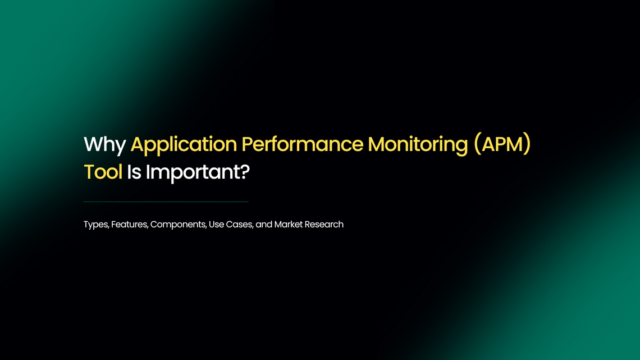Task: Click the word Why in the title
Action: [x=104, y=145]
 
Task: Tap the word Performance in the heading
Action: [x=302, y=144]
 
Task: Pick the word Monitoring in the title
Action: [x=418, y=144]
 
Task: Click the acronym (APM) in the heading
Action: [x=502, y=144]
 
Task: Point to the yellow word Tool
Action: [x=103, y=172]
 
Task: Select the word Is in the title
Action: [x=134, y=172]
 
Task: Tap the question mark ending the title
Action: [x=243, y=172]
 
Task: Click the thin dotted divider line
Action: [x=166, y=202]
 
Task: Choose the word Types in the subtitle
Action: [x=95, y=224]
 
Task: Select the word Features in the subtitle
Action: [x=129, y=224]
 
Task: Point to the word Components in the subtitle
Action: [x=178, y=224]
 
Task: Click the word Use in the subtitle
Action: [x=216, y=224]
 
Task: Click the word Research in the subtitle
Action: [x=324, y=224]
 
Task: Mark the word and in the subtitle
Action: [x=264, y=224]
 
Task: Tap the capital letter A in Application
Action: [x=138, y=144]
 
